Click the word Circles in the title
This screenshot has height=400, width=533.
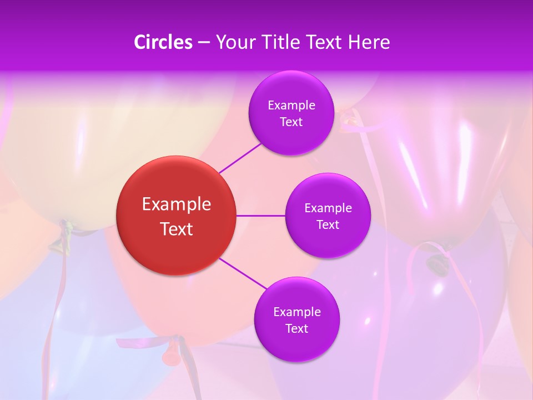[x=163, y=42]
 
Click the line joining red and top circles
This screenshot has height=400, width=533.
[x=240, y=158]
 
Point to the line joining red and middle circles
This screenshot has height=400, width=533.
[x=261, y=216]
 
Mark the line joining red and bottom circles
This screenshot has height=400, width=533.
[x=243, y=274]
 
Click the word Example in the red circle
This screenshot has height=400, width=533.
[x=176, y=204]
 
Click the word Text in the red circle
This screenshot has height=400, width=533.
[x=176, y=229]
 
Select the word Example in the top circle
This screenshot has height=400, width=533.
[x=291, y=106]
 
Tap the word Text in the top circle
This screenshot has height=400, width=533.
[x=291, y=122]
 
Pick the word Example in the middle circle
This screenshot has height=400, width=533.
[x=328, y=208]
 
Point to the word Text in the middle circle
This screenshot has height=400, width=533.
[x=328, y=225]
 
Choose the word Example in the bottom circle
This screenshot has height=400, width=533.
[x=296, y=312]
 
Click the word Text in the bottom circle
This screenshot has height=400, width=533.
[x=296, y=329]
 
